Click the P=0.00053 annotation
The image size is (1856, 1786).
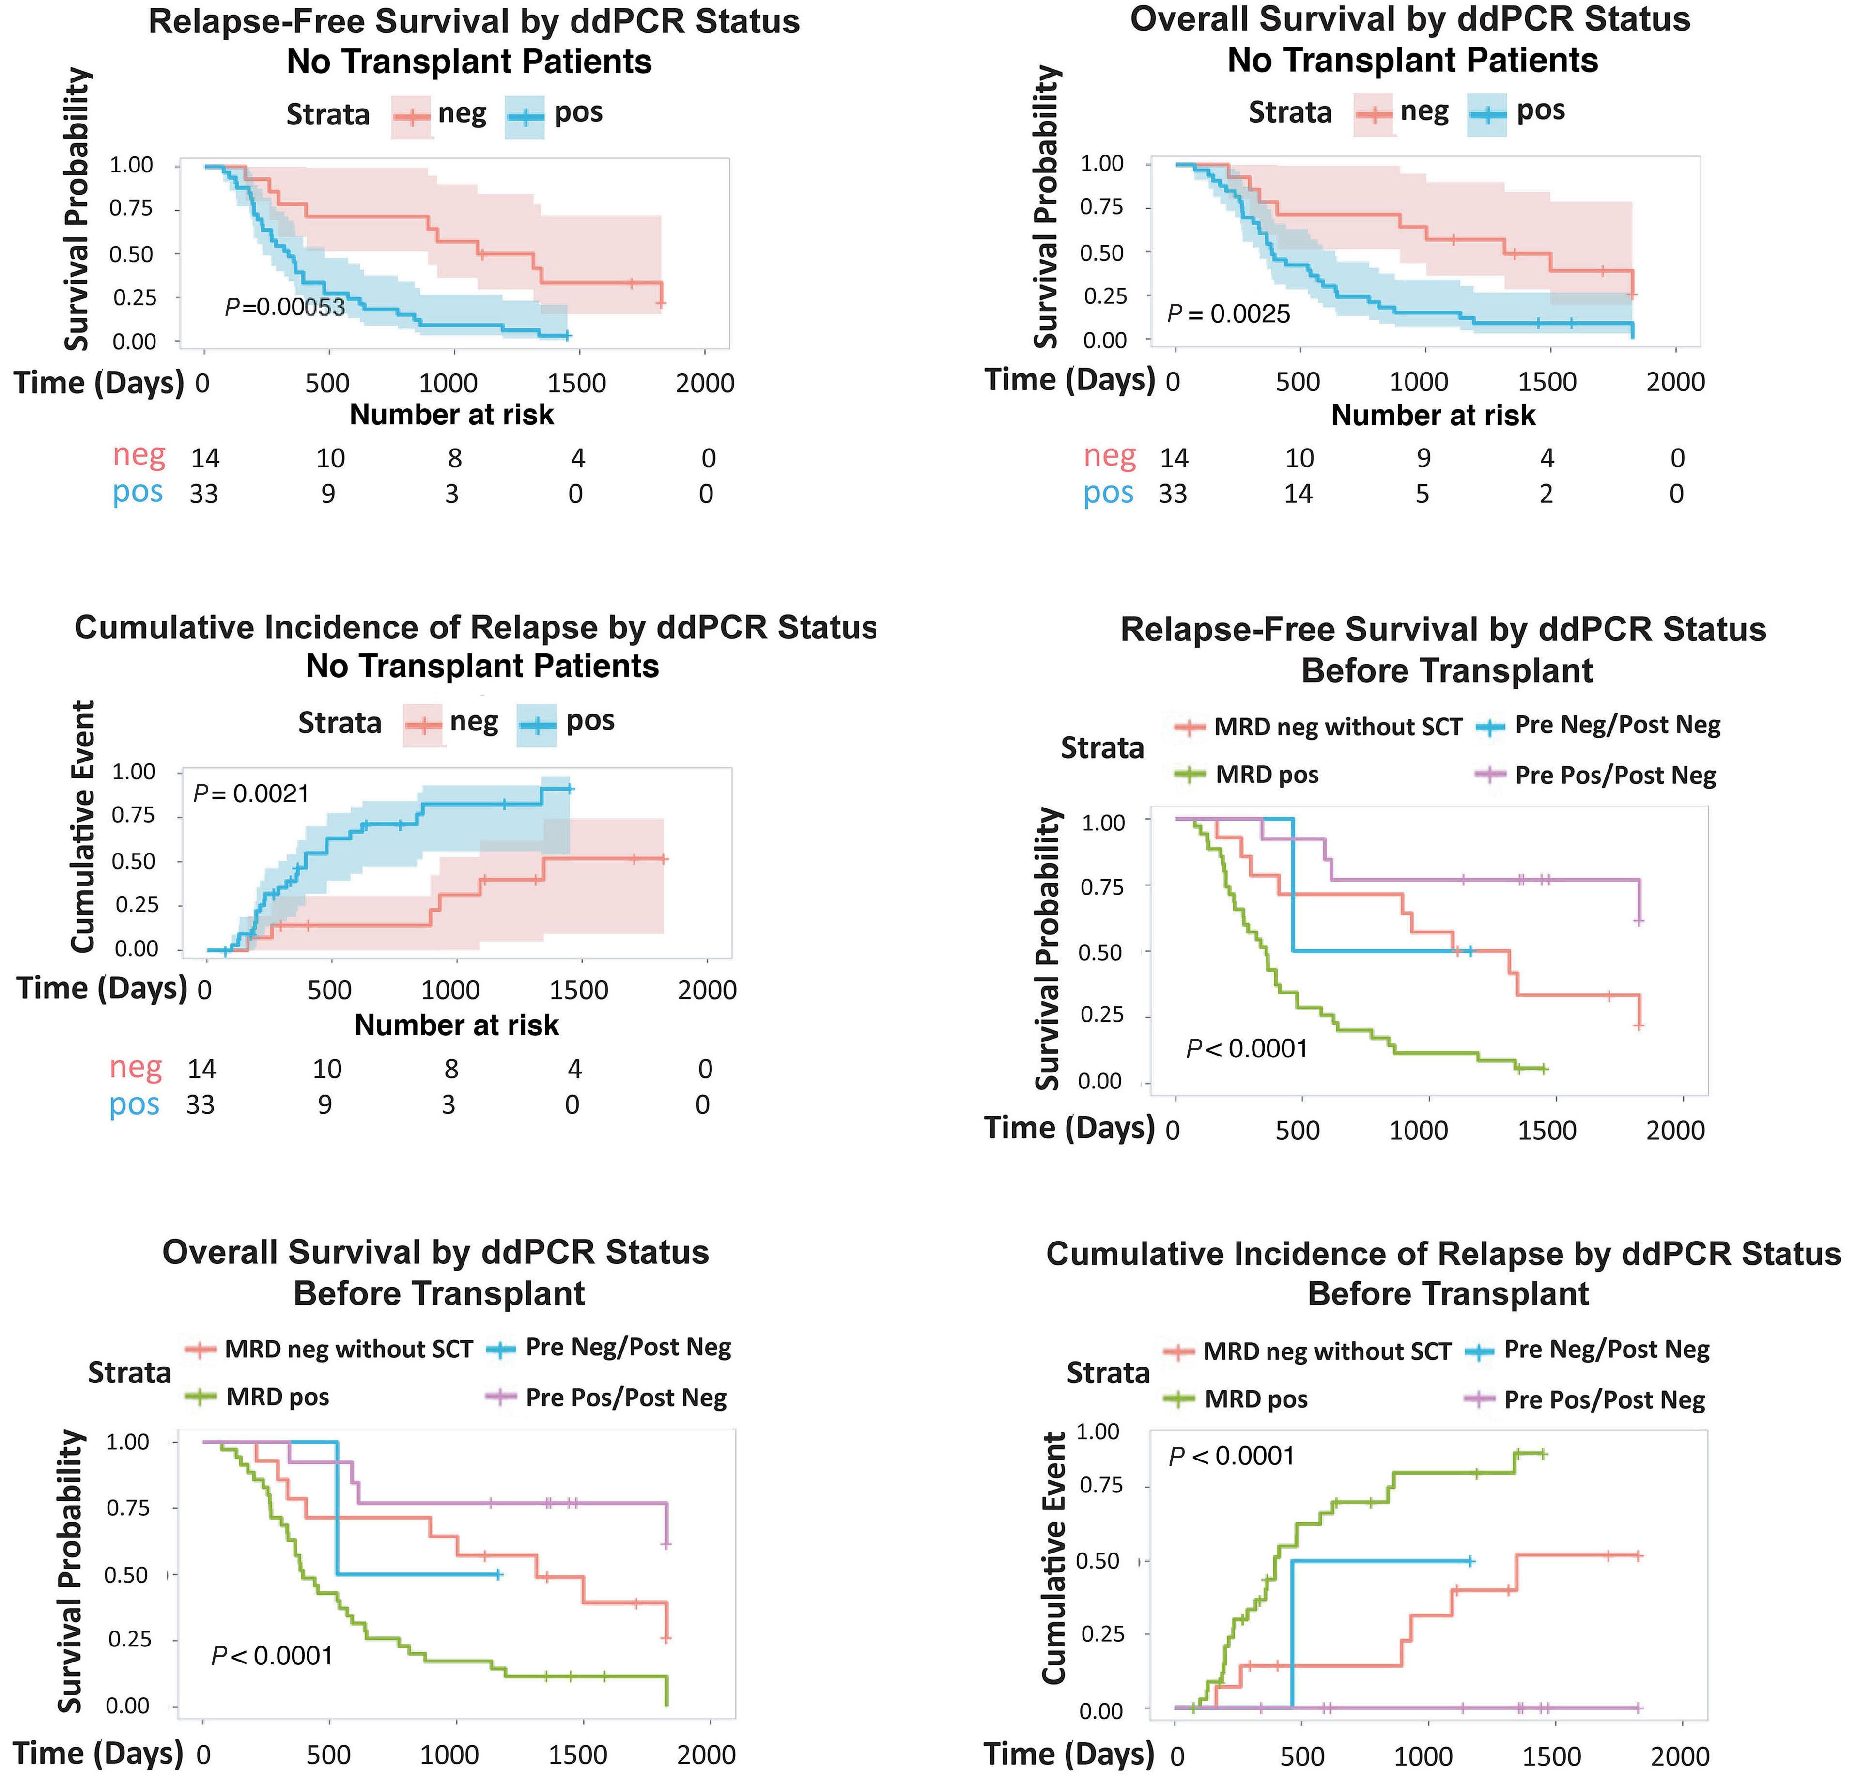(x=285, y=307)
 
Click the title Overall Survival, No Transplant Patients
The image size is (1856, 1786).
(x=1411, y=40)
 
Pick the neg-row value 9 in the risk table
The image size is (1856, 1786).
(x=1423, y=458)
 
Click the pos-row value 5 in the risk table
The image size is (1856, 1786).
(x=1423, y=494)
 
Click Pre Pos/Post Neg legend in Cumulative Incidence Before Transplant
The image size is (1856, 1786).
(x=1604, y=1400)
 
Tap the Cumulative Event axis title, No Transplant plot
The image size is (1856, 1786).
(x=83, y=827)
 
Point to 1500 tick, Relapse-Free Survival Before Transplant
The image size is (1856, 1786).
(x=1547, y=1131)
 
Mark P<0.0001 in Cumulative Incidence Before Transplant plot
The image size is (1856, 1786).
(x=1231, y=1456)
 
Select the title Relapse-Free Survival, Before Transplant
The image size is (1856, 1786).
(x=1443, y=650)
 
